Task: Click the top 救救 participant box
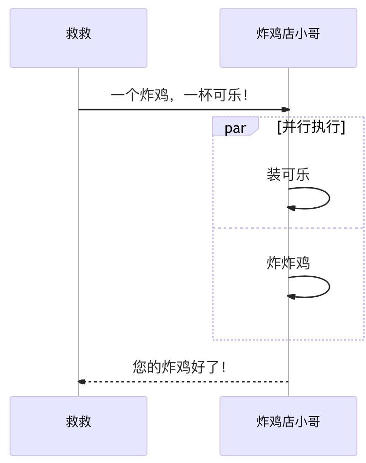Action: point(78,38)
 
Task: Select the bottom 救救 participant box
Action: point(78,426)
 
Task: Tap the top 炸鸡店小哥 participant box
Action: point(288,38)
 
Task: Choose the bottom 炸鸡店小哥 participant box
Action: point(288,426)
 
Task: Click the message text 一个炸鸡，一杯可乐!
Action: point(179,95)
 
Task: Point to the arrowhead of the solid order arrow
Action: point(285,110)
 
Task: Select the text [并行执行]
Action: point(311,127)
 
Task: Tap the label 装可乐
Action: point(288,174)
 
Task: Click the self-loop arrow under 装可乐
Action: point(329,198)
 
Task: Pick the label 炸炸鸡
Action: point(288,263)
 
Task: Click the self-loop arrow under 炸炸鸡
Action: point(329,287)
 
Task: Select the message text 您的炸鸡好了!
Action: point(179,367)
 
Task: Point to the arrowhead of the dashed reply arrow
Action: point(82,382)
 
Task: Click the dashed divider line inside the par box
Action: point(288,228)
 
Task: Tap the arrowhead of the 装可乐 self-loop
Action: point(291,208)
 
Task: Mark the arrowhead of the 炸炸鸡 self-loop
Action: point(291,297)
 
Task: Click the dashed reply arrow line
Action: point(183,382)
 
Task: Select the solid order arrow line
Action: point(183,110)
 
